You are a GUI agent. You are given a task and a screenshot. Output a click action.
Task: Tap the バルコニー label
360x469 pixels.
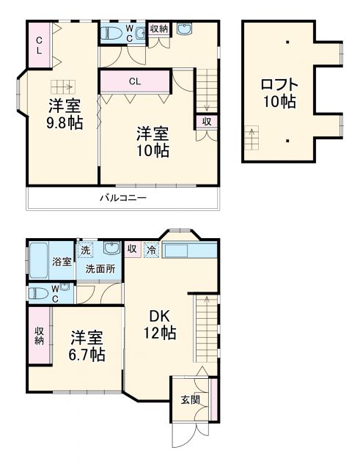click(x=122, y=198)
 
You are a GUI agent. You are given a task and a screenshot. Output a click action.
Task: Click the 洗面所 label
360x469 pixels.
click(x=100, y=268)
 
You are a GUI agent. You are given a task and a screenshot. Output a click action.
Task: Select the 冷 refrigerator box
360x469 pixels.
click(x=152, y=249)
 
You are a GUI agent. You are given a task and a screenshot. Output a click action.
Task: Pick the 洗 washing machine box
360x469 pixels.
click(x=86, y=249)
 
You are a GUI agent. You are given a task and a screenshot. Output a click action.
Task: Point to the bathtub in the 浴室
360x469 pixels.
click(x=39, y=260)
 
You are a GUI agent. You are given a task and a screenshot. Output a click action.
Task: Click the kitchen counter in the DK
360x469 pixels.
click(x=190, y=251)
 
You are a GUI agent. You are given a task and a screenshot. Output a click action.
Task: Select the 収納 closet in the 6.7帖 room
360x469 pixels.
click(x=39, y=335)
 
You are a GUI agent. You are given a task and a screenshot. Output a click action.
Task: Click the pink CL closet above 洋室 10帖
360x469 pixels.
click(x=135, y=81)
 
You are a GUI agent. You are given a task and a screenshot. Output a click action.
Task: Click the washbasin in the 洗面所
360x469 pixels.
click(x=111, y=248)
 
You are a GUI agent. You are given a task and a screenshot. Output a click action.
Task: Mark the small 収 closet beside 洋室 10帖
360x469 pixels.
click(x=206, y=121)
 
